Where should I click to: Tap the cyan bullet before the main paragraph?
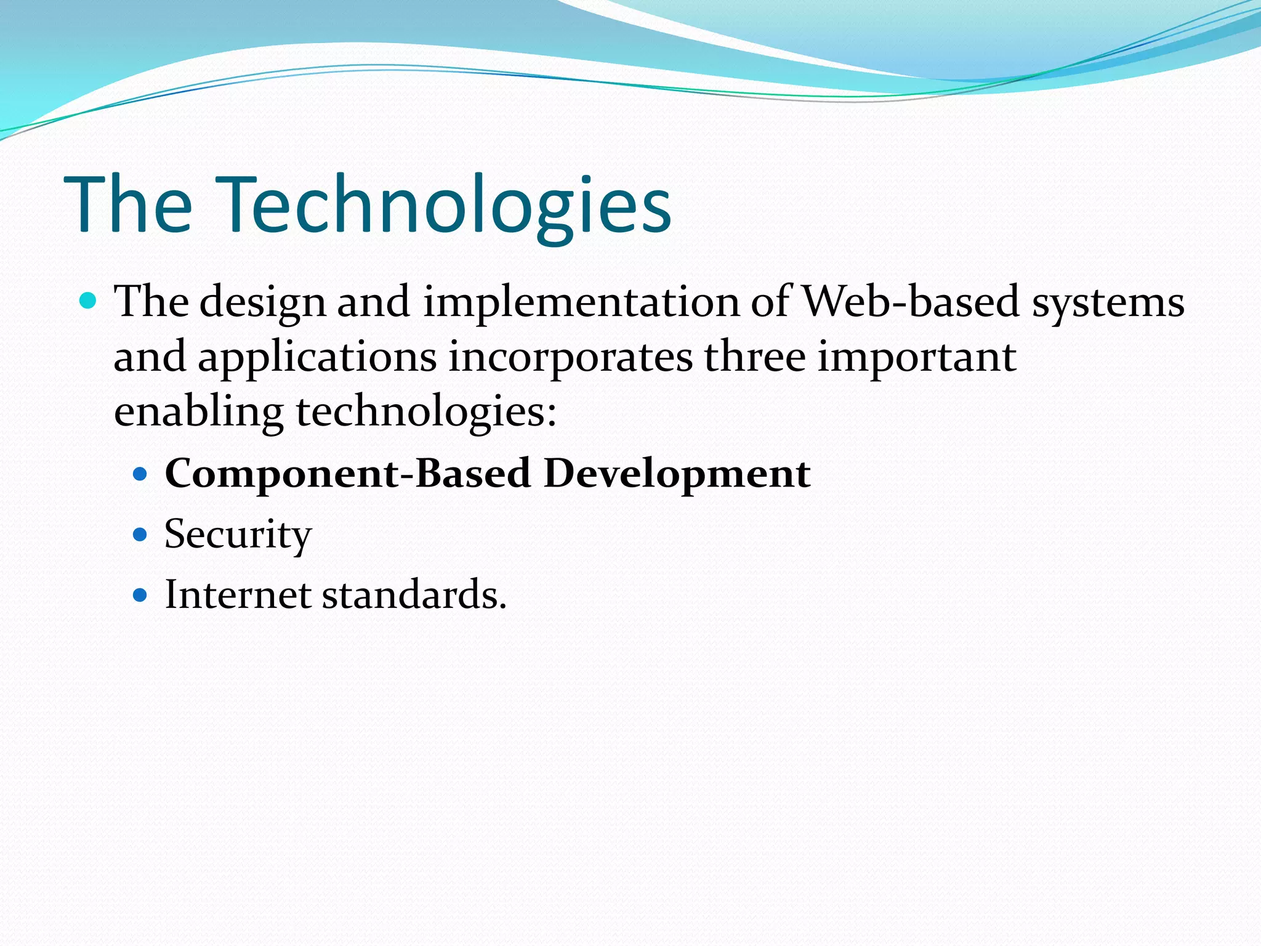(89, 301)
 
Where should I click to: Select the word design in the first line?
(263, 303)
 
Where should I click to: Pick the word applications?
(317, 358)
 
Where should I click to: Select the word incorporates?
(570, 358)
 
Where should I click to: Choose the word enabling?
(198, 413)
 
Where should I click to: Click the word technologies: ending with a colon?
(426, 413)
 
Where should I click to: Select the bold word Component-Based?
(347, 474)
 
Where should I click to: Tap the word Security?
(238, 535)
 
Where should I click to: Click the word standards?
(414, 595)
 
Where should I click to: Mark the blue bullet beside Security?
(140, 534)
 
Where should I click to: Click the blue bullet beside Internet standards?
(140, 595)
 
